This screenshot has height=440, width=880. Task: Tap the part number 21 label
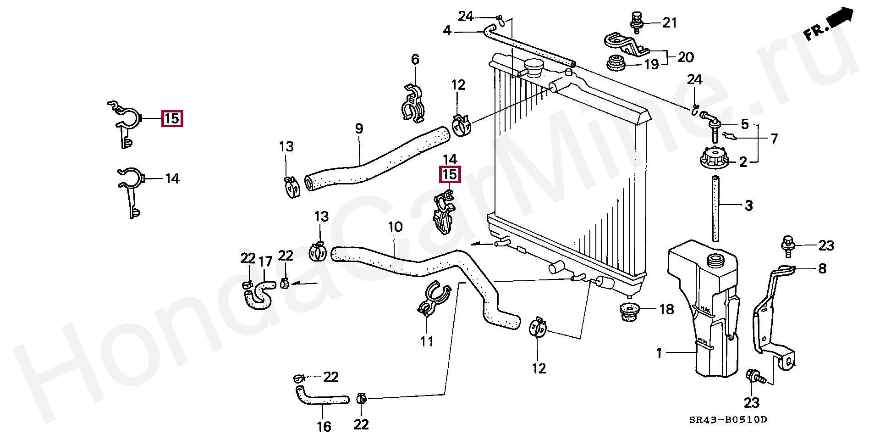pos(670,22)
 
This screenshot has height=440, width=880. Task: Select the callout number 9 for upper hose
pos(359,129)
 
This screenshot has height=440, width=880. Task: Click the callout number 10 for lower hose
pos(395,227)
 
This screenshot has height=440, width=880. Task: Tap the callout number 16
pos(324,426)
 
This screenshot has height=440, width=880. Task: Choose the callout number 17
pos(265,262)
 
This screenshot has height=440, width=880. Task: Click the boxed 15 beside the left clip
pos(172,119)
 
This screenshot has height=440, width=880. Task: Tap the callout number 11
pos(427,342)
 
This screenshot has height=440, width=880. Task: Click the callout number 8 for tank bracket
pos(822,268)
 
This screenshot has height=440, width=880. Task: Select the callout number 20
pos(686,57)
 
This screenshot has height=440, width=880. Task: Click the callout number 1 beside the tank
pos(659,353)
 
